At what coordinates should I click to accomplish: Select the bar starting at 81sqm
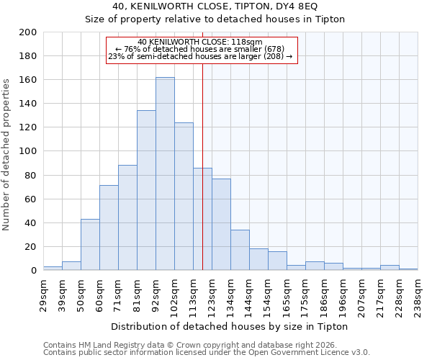[146, 190]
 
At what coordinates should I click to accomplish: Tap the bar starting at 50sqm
[90, 245]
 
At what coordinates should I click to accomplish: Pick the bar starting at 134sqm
[240, 250]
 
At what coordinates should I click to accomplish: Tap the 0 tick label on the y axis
[33, 271]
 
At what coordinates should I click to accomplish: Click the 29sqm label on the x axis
[48, 293]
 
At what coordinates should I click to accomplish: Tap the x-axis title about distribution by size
[230, 326]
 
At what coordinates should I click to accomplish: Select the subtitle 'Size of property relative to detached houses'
[215, 19]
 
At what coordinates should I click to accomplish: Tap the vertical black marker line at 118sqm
[202, 166]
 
